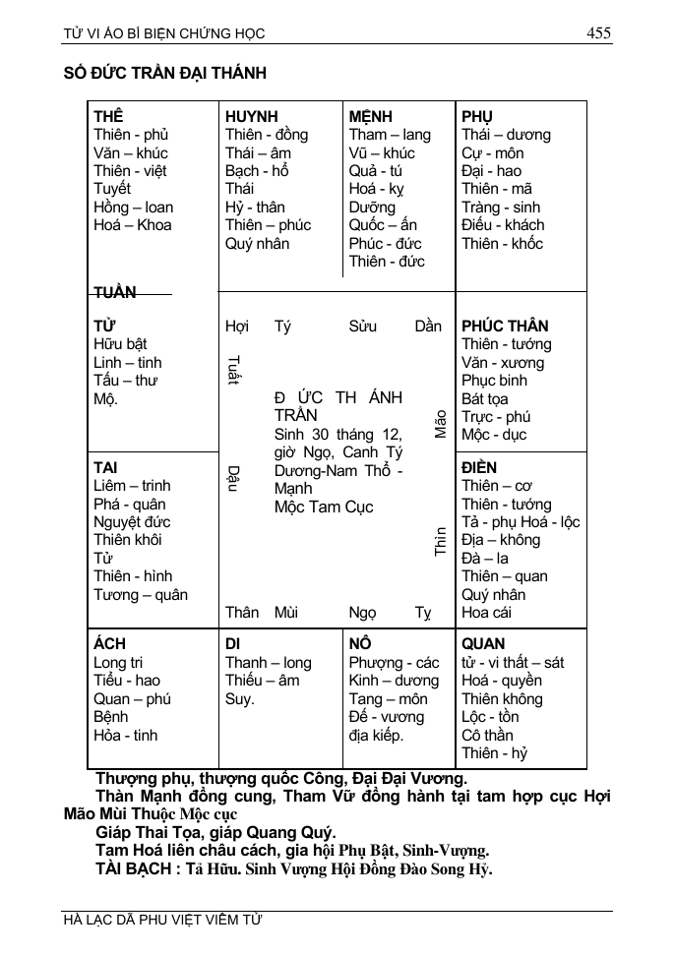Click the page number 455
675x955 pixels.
tap(598, 33)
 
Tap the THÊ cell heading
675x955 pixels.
tap(108, 116)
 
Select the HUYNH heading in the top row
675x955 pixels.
tap(251, 116)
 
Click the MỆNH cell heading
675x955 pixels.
tap(370, 116)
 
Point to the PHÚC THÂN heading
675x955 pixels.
tap(505, 326)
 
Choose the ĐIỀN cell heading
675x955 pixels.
tap(479, 467)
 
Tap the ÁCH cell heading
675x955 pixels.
tap(109, 644)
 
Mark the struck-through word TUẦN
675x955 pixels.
tap(115, 292)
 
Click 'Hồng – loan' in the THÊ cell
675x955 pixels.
tap(133, 207)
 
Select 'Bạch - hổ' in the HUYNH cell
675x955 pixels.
tap(257, 170)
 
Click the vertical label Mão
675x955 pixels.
tap(440, 424)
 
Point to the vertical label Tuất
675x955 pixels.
tap(232, 371)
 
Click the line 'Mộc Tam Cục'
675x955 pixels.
tap(324, 507)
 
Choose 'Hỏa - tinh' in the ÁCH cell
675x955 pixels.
tap(125, 735)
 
